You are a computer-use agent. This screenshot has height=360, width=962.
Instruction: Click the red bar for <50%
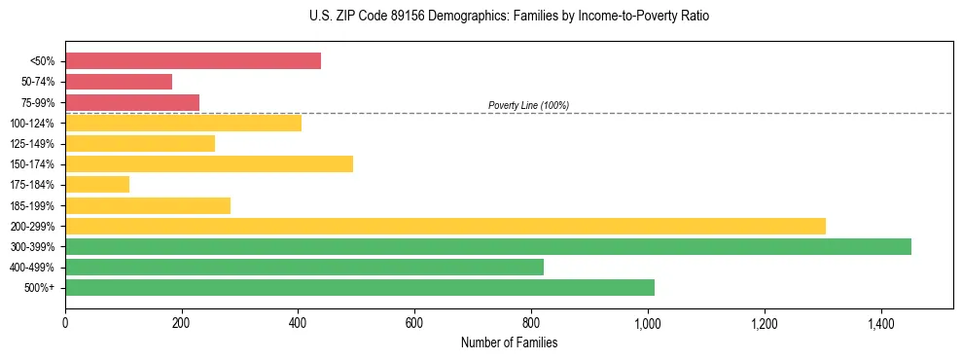(193, 61)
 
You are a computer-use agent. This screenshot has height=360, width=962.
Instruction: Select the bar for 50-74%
(119, 82)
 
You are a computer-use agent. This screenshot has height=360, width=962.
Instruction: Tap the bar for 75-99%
(132, 102)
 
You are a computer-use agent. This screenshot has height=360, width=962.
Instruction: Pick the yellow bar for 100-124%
(183, 123)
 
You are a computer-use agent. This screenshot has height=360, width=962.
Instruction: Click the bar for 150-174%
(209, 163)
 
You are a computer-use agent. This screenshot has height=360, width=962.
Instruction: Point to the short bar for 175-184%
(97, 184)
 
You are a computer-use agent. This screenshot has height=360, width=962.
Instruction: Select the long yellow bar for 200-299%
(445, 226)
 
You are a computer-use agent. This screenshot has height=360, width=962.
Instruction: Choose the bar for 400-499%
(304, 267)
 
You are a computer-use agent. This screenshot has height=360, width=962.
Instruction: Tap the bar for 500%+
(360, 287)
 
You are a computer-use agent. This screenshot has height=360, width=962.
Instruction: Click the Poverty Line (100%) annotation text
(528, 105)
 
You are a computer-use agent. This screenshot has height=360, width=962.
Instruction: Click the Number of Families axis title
(509, 342)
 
